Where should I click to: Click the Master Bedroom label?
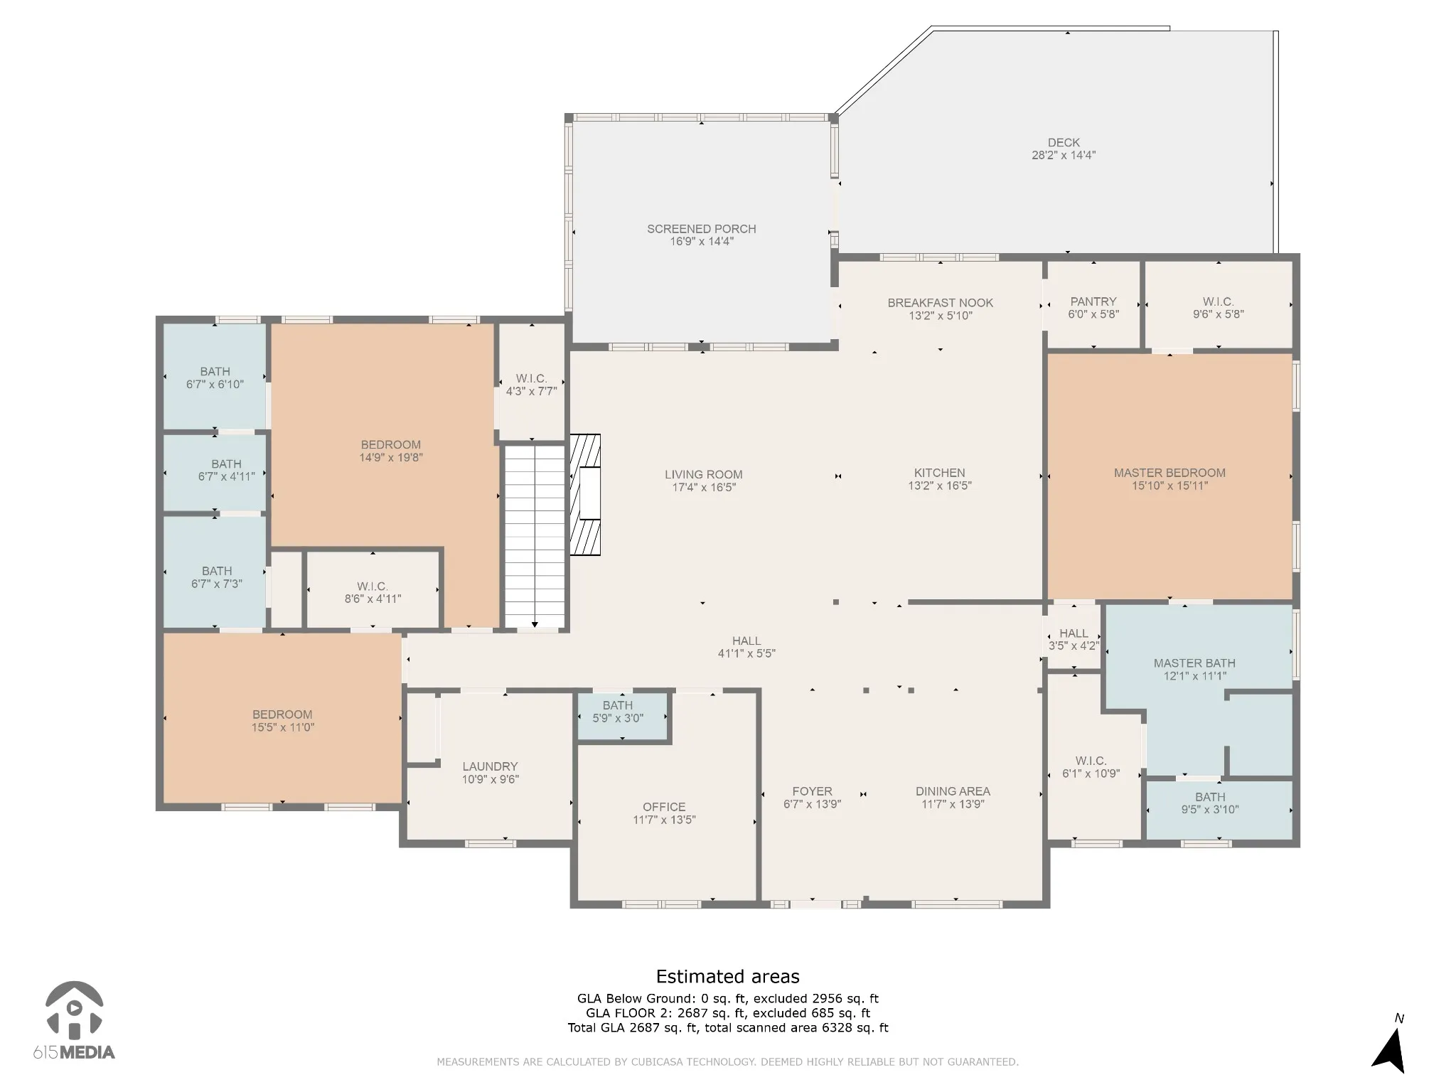tap(1169, 473)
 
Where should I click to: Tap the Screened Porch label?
tap(701, 229)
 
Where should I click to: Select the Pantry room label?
tap(1093, 301)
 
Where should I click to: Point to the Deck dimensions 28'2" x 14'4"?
tap(1064, 155)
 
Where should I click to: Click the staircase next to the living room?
tap(535, 536)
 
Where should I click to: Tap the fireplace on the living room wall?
tap(585, 495)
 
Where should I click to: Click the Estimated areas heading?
tap(727, 976)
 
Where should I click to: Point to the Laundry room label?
tap(490, 766)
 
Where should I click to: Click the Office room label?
tap(664, 807)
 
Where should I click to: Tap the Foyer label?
tap(812, 791)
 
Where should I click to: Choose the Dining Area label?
tap(953, 791)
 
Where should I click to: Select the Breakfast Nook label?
tap(940, 303)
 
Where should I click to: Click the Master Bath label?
tap(1194, 663)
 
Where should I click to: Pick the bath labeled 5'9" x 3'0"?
tap(617, 712)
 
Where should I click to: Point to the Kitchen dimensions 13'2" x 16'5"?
tap(939, 486)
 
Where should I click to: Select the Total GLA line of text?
tap(727, 1027)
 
